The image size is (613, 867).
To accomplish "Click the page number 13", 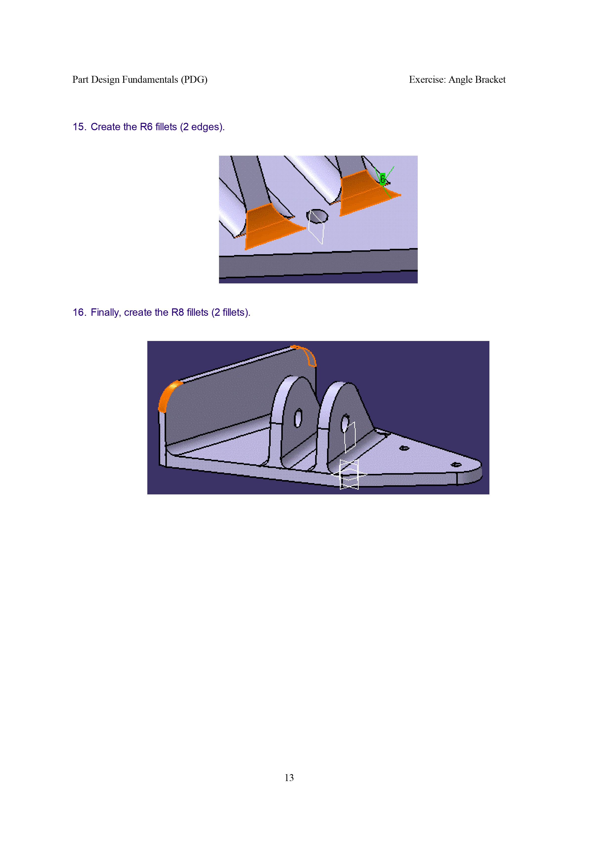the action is (x=289, y=778).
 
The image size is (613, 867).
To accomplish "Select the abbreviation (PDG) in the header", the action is (x=194, y=80).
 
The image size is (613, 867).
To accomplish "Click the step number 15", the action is (x=79, y=127).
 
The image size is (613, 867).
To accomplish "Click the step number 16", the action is (x=79, y=313).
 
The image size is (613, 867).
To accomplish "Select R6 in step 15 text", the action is (x=146, y=127).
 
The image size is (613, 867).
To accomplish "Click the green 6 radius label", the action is (x=383, y=179).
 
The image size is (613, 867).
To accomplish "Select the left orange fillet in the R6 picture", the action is (x=271, y=226).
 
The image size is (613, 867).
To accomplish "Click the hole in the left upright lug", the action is (x=298, y=418).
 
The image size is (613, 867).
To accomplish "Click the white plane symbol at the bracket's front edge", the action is (x=349, y=474).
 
